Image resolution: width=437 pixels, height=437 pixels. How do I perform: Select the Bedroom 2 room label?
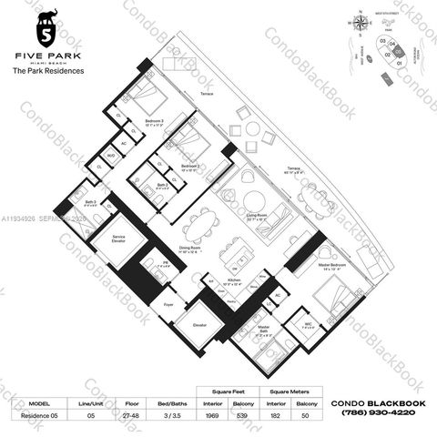pos(190,167)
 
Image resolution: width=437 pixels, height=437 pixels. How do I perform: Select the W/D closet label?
pos(110,156)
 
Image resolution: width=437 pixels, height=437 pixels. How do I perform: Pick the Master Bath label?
pos(263,328)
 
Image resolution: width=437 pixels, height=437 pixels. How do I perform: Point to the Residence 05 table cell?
pos(39,415)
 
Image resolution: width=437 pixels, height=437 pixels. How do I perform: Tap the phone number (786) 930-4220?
pos(373,412)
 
